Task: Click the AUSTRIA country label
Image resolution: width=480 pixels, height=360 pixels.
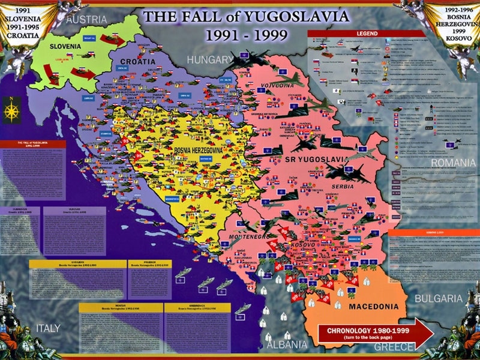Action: [86, 20]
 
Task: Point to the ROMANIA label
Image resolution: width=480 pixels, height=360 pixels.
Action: [452, 163]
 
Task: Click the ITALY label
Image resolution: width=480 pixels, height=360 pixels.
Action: [47, 328]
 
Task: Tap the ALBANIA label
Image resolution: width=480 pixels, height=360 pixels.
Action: [286, 345]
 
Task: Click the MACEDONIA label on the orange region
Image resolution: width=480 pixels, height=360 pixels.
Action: [373, 307]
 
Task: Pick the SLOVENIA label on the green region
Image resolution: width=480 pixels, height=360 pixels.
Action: [65, 46]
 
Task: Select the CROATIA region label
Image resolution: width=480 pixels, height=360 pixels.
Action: [137, 62]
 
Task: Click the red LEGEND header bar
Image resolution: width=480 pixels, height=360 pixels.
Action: [367, 34]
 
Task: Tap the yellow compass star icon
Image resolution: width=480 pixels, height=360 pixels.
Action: [11, 110]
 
